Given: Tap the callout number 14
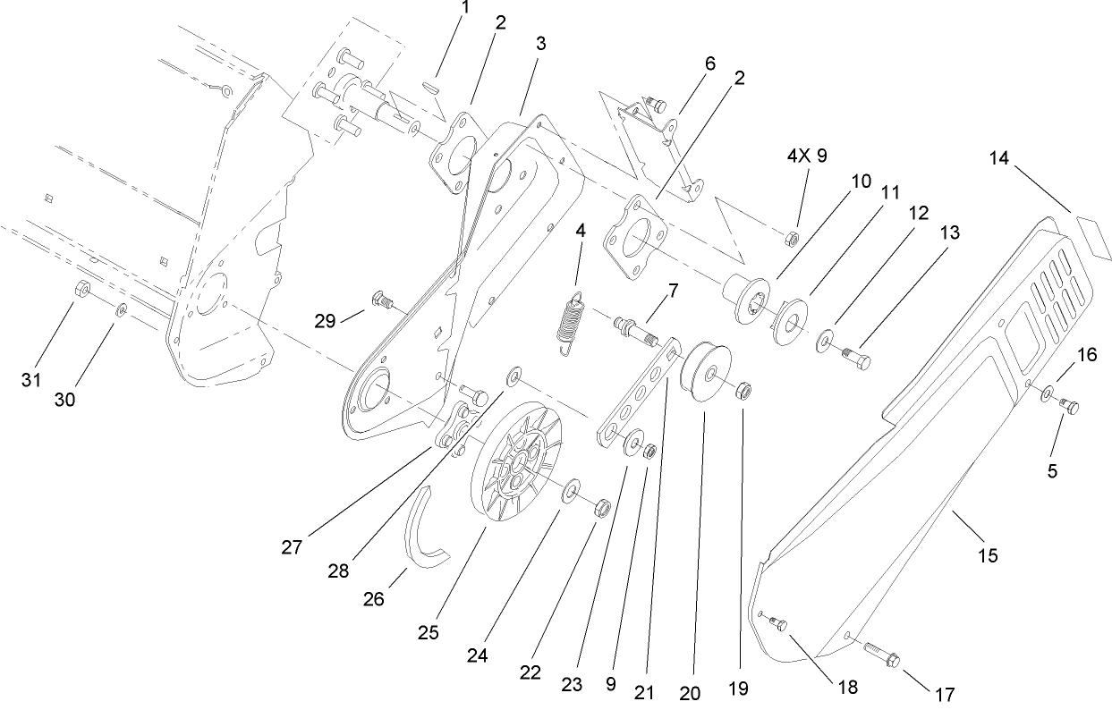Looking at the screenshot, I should (1000, 158).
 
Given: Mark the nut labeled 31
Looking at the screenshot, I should (81, 288).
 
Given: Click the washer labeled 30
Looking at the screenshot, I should (122, 309).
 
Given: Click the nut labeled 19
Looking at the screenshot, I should (743, 390).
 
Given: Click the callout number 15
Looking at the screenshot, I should (988, 555).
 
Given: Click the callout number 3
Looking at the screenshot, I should (540, 43).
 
